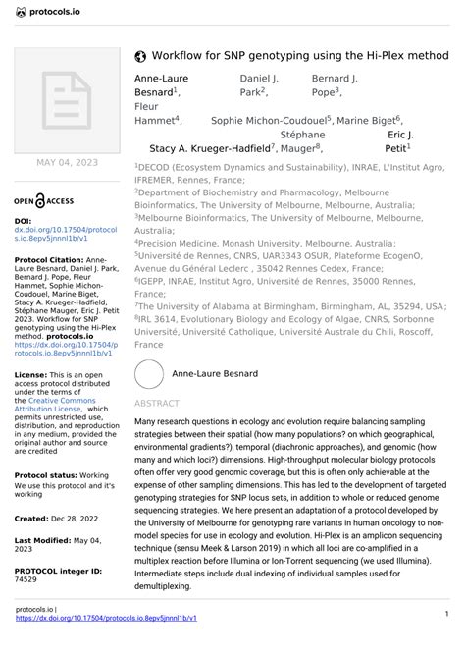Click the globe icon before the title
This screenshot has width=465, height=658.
pos(139,56)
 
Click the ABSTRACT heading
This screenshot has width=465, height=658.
pos(156,404)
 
